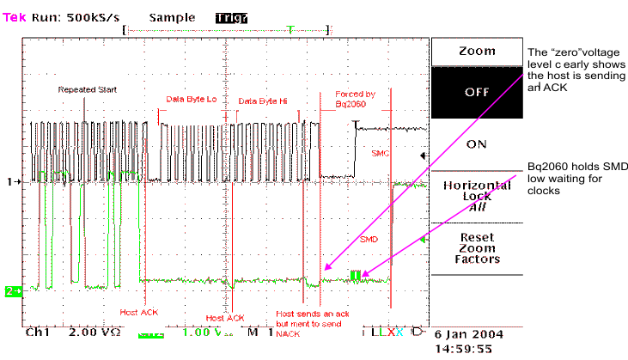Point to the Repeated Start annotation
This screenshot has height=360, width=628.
(87, 90)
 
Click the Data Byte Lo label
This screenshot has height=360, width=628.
(192, 101)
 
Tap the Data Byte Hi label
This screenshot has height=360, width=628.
(262, 101)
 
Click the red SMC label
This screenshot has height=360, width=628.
(381, 154)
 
